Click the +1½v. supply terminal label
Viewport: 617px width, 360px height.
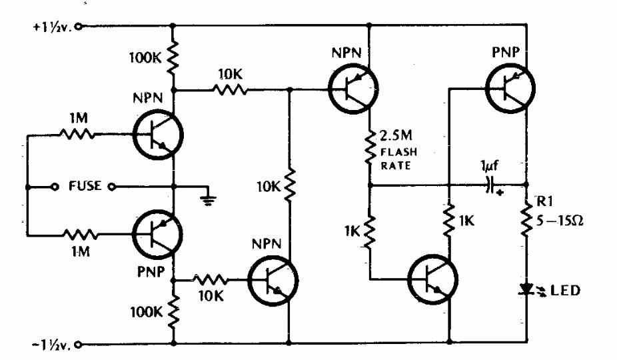pyautogui.click(x=49, y=28)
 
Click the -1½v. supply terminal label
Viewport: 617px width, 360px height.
pyautogui.click(x=49, y=345)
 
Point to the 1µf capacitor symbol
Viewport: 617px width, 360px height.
pyautogui.click(x=493, y=186)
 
